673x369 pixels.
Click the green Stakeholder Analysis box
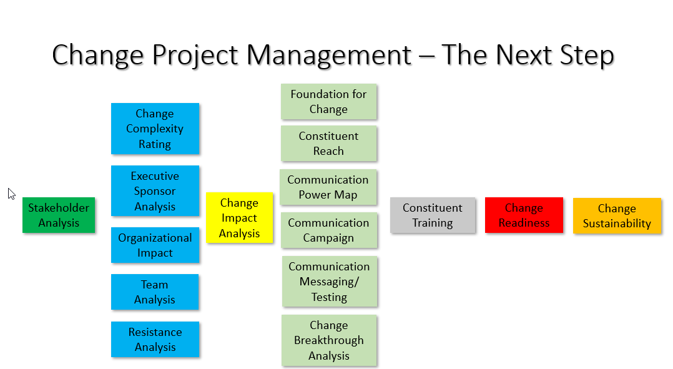click(x=59, y=215)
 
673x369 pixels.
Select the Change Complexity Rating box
click(x=155, y=128)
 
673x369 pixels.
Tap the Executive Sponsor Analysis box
click(x=155, y=190)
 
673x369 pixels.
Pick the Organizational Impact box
click(x=155, y=245)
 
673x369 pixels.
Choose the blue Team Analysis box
click(x=155, y=292)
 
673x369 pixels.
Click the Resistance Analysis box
click(x=155, y=339)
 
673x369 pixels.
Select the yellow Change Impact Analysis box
click(x=240, y=217)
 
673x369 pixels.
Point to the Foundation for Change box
click(x=329, y=101)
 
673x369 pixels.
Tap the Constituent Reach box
click(x=329, y=144)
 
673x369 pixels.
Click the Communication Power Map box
click(x=328, y=187)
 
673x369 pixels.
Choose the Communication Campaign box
click(x=329, y=230)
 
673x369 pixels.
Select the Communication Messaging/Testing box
click(x=330, y=282)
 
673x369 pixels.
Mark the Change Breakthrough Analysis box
click(x=329, y=340)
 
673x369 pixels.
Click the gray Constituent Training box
click(x=433, y=215)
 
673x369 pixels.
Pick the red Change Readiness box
click(x=524, y=215)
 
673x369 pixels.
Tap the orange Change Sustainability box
click(x=617, y=215)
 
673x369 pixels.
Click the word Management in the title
click(x=329, y=56)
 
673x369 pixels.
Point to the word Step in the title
click(x=587, y=56)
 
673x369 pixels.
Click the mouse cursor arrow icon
click(x=12, y=194)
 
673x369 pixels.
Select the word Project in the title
click(x=195, y=56)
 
